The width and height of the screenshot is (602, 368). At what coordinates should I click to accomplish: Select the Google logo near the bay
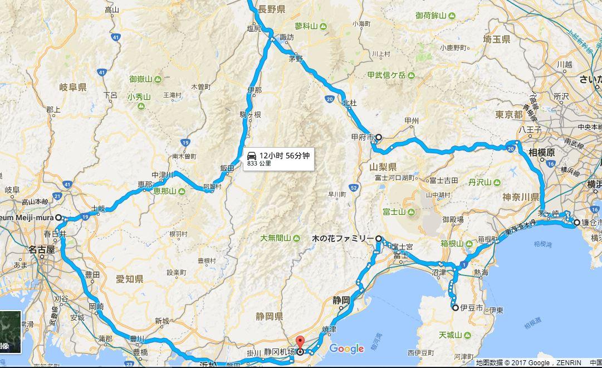click(x=346, y=348)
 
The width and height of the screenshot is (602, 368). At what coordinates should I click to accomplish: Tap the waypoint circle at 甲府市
click(x=379, y=137)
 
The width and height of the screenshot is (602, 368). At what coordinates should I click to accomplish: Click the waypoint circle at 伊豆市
click(x=455, y=308)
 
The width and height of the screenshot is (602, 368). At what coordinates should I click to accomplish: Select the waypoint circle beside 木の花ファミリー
click(x=379, y=239)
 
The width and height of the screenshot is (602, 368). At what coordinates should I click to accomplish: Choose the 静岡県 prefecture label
click(x=268, y=317)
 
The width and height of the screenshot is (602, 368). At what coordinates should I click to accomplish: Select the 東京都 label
click(x=509, y=114)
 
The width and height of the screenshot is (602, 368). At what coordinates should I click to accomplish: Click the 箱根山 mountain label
click(x=452, y=243)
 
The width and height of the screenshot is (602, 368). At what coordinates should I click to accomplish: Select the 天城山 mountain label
click(x=451, y=335)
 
